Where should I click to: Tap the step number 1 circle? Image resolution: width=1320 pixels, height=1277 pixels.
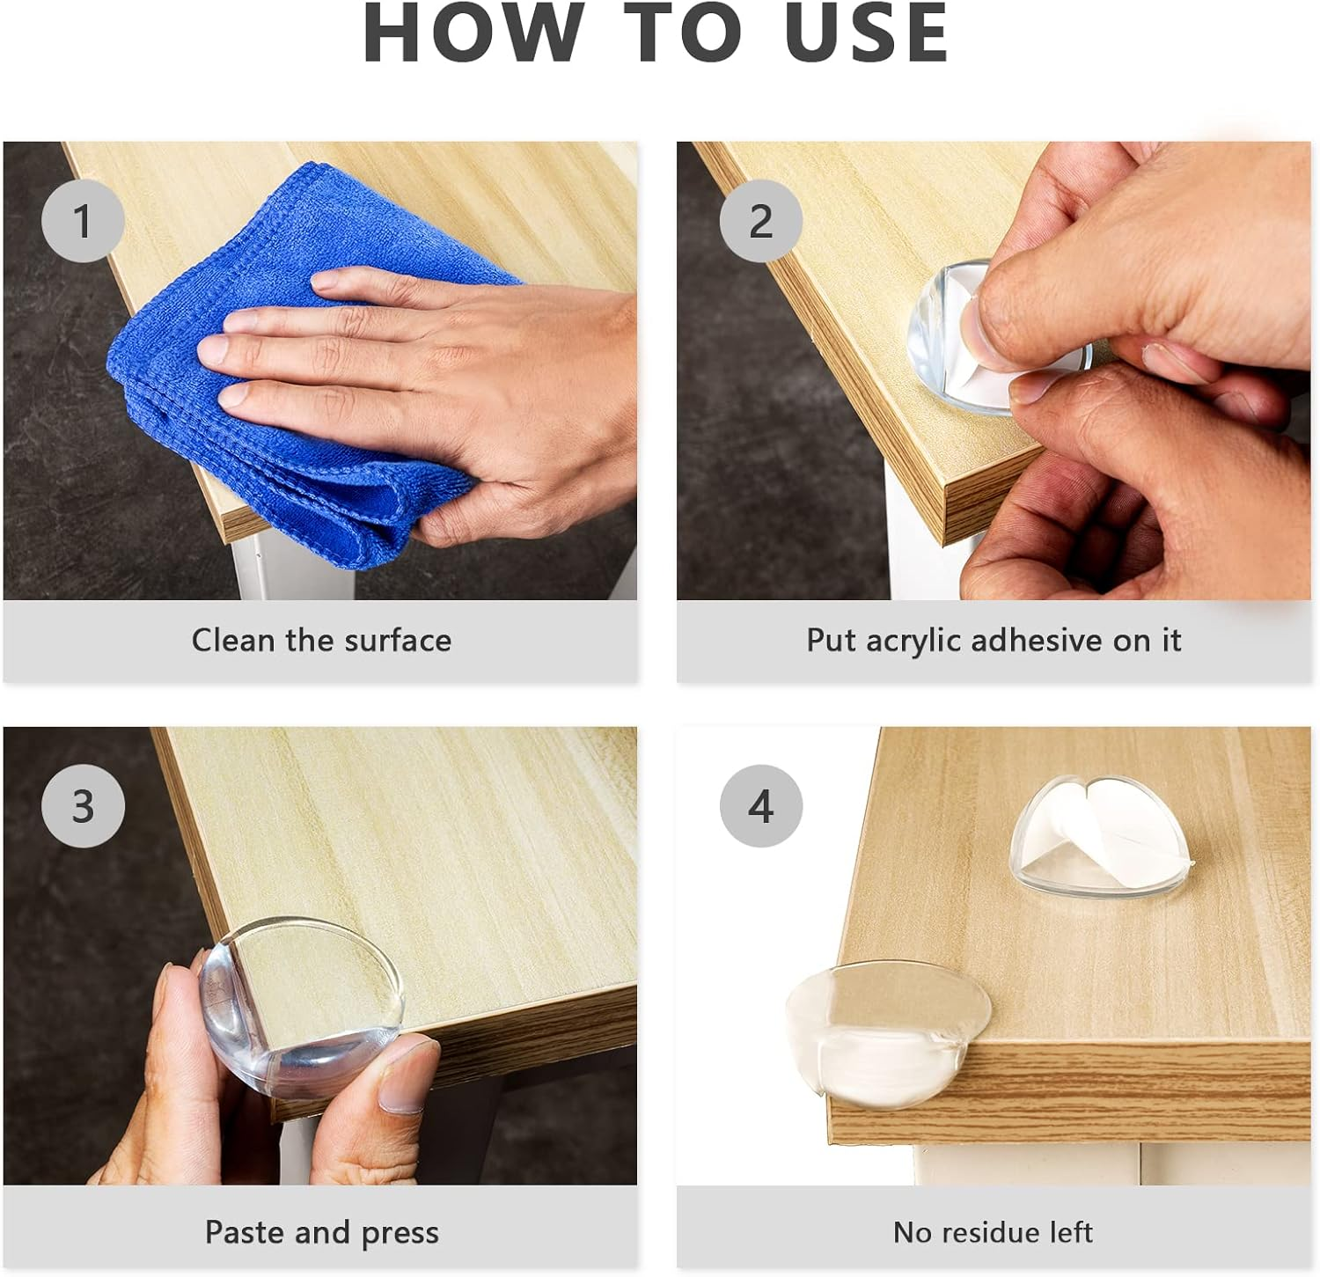pyautogui.click(x=83, y=221)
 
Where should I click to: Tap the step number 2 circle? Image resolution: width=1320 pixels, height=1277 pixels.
pyautogui.click(x=761, y=221)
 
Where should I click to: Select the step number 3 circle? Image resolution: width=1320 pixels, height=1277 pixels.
pyautogui.click(x=83, y=806)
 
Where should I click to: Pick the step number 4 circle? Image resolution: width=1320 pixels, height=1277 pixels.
pyautogui.click(x=761, y=806)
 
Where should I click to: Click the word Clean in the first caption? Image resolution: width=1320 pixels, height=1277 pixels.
pyautogui.click(x=233, y=640)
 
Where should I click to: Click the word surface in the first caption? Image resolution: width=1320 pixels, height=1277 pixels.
pyautogui.click(x=398, y=640)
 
